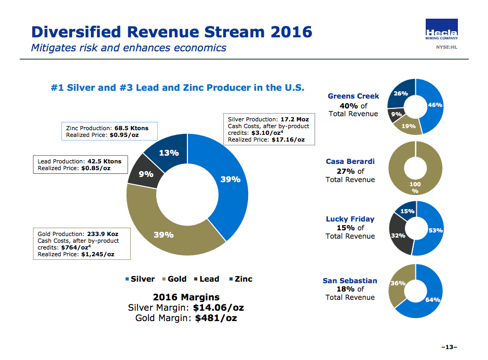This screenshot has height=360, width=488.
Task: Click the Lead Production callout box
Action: (x=80, y=164)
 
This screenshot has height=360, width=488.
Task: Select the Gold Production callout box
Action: (x=82, y=244)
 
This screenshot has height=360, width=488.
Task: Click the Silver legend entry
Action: (x=140, y=279)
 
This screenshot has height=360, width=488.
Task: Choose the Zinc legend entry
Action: (x=240, y=279)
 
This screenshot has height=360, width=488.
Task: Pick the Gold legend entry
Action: (x=174, y=279)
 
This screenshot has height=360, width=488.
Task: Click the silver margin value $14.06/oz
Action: (x=218, y=308)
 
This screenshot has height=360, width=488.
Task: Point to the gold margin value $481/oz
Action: (x=215, y=318)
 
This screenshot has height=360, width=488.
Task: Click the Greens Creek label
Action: (x=353, y=96)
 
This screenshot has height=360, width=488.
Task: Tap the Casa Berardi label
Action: (x=350, y=161)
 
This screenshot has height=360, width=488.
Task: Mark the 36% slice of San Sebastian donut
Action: (x=398, y=283)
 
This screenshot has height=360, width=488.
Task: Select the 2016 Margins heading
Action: (x=186, y=297)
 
